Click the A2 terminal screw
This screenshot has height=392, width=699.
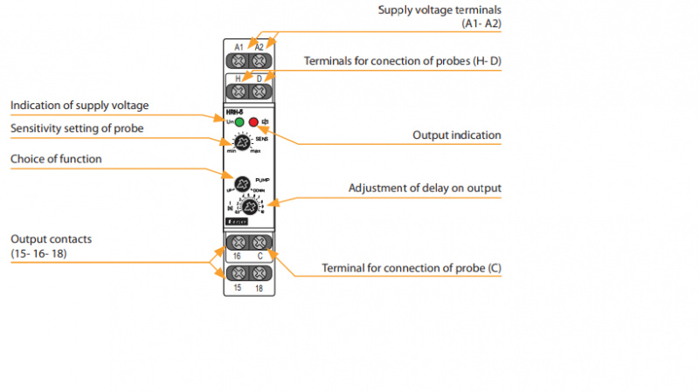[x=259, y=61]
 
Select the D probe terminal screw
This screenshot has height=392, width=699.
[x=259, y=90]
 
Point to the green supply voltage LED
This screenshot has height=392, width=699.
[x=239, y=122]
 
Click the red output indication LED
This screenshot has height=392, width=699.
[x=254, y=122]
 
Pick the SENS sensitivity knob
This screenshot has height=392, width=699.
[x=243, y=142]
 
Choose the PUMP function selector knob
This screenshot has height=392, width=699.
[x=244, y=184]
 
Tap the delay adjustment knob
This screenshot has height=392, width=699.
[x=247, y=207]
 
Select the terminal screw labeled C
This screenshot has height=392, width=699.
[x=259, y=241]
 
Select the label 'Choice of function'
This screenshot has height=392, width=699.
[x=56, y=159]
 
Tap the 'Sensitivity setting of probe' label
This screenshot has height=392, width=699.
[x=77, y=129]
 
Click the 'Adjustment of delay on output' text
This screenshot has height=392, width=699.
[x=425, y=188]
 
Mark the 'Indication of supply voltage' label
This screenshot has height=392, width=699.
[x=80, y=106]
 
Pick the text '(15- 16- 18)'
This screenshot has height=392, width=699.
[x=39, y=253]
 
